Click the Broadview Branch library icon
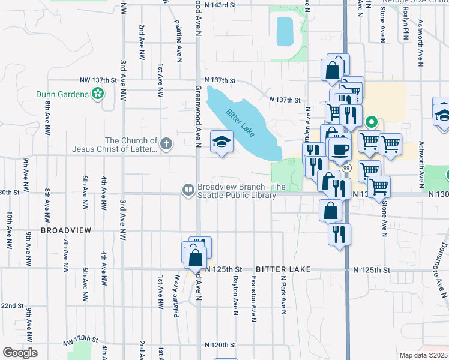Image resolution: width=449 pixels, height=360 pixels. [188, 190]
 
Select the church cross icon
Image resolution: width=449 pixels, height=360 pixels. [166, 144]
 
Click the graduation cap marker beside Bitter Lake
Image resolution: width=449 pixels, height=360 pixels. [221, 142]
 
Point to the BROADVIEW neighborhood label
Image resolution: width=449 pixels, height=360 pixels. [66, 230]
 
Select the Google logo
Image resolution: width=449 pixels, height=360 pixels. [20, 353]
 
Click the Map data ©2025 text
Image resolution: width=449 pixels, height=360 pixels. [424, 355]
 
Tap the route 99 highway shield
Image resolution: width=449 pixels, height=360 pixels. [346, 162]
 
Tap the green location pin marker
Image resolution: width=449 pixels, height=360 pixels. [372, 124]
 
